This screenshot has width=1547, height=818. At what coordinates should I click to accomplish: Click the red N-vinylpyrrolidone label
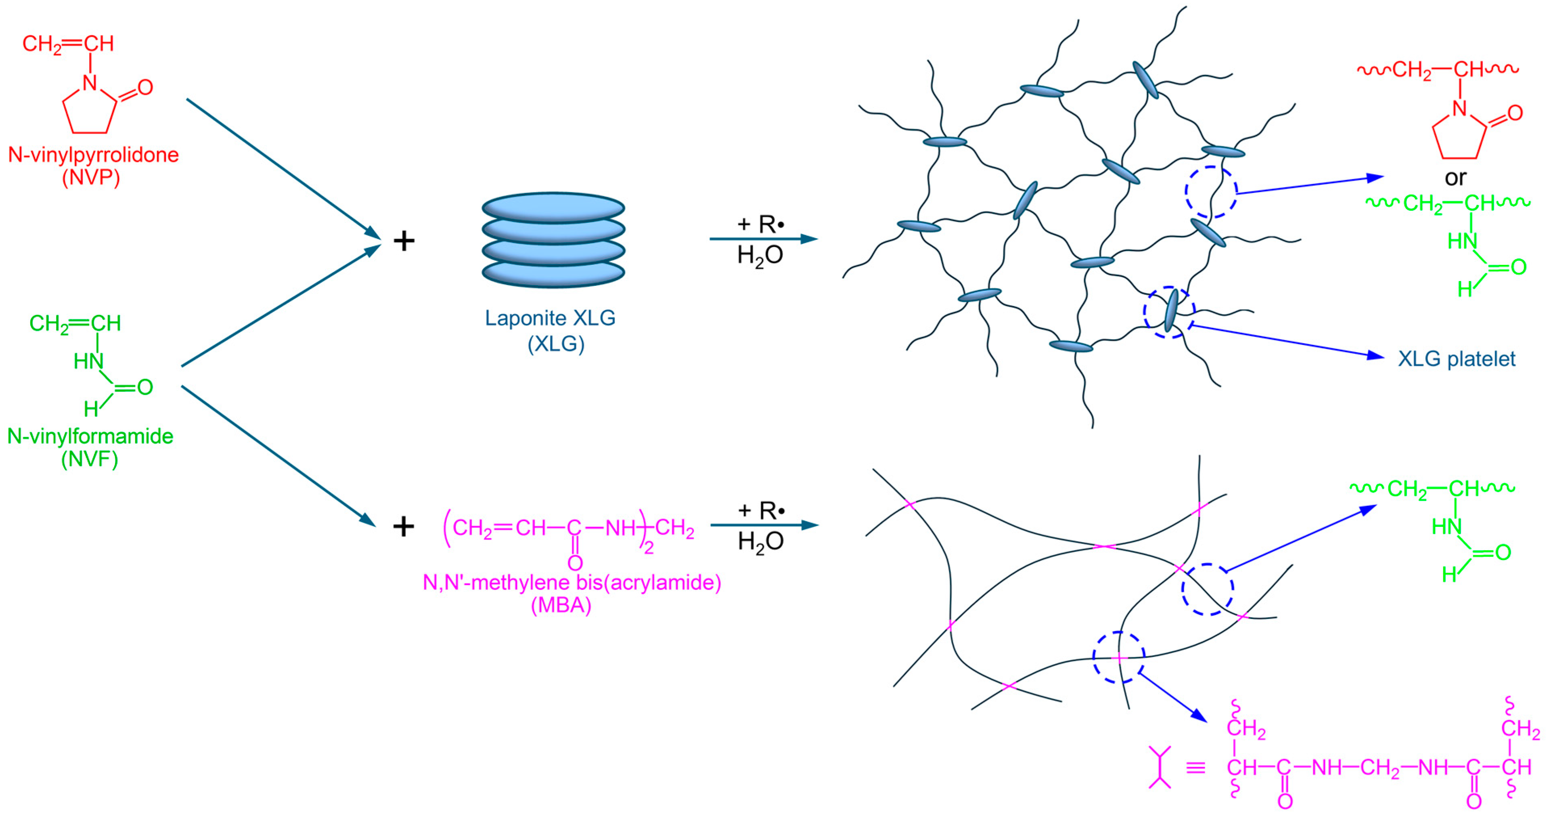tap(93, 155)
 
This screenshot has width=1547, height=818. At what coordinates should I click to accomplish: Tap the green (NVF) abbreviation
tap(90, 459)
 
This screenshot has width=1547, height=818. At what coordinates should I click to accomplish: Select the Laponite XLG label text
tap(550, 318)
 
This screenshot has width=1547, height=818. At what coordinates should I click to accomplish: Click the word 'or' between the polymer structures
tap(1455, 178)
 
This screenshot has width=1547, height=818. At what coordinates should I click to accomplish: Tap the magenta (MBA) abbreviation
tap(561, 605)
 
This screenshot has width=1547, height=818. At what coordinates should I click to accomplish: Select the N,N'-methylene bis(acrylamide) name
tap(572, 582)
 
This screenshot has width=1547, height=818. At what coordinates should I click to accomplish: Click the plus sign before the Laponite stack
tap(404, 241)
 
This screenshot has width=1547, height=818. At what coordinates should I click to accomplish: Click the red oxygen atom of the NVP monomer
tap(145, 88)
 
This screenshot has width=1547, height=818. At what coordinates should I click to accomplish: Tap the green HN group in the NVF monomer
tap(88, 361)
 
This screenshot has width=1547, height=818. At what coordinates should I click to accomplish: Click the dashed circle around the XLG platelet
tap(1169, 313)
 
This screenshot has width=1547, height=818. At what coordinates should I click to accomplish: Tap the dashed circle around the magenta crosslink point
tap(1118, 658)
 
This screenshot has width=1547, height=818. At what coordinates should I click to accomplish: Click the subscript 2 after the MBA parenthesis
tap(649, 548)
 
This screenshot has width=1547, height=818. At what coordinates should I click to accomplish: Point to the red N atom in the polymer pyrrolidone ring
tap(1459, 109)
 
